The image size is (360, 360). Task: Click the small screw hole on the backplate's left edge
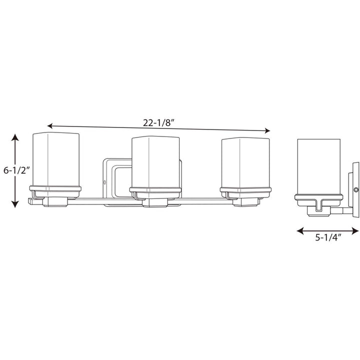104,181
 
